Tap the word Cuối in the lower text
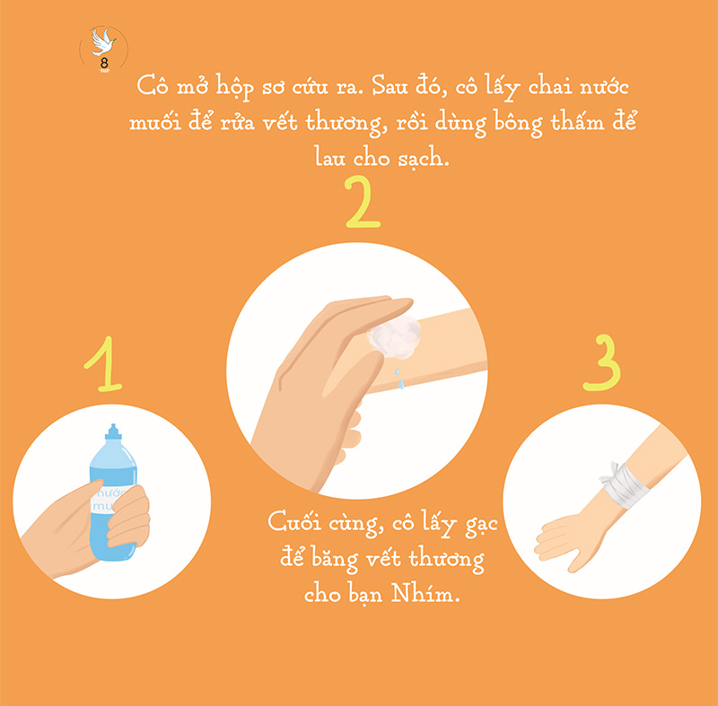(x=293, y=523)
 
